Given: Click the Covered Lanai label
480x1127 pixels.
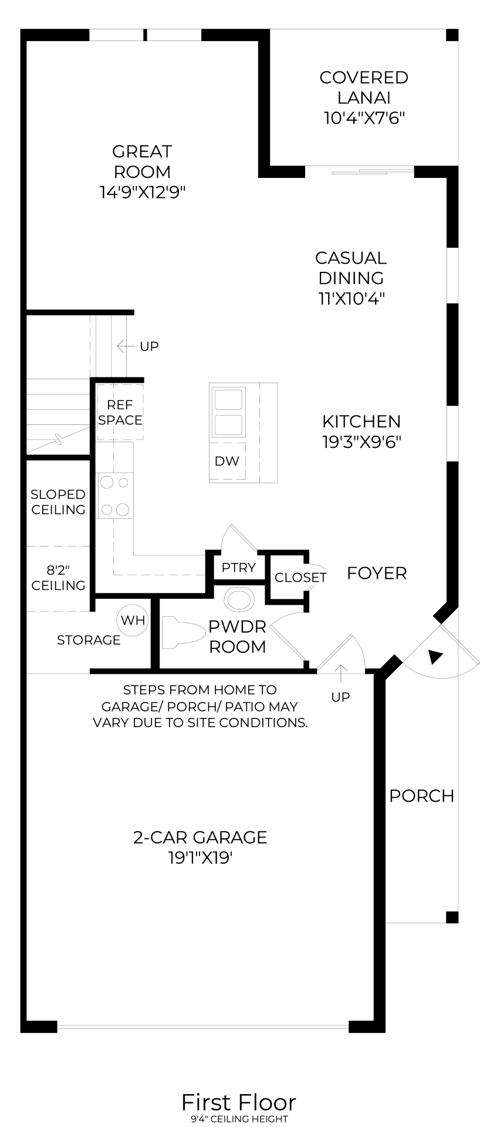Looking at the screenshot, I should (x=364, y=87).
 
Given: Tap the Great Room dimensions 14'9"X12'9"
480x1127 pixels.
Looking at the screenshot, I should (x=143, y=192).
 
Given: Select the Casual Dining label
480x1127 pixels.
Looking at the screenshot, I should (x=351, y=268).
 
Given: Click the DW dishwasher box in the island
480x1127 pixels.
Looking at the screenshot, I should (x=227, y=461).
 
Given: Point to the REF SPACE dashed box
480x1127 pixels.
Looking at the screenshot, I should (x=120, y=412).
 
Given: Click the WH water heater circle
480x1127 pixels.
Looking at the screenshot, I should (x=133, y=620).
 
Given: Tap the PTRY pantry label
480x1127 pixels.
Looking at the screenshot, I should (x=238, y=568).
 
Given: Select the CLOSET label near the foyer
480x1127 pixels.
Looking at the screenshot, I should (x=300, y=578).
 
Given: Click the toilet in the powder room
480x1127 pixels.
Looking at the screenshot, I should (x=178, y=632).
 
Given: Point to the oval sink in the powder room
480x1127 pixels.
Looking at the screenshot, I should (x=239, y=599).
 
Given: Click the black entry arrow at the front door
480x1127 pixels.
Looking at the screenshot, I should (x=435, y=657).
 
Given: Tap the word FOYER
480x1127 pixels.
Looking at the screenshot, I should (x=376, y=573).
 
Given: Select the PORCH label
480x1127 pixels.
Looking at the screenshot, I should (x=421, y=796).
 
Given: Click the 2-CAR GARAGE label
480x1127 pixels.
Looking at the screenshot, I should (x=200, y=837).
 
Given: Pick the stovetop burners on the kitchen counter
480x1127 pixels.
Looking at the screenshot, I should (x=115, y=497).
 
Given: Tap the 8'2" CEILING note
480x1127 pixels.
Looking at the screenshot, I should (x=58, y=578).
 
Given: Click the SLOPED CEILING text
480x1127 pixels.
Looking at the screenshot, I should (x=58, y=502).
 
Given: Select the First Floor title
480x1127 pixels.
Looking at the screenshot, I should (x=239, y=1102).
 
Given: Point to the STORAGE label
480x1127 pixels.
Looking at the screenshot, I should (x=89, y=640).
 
